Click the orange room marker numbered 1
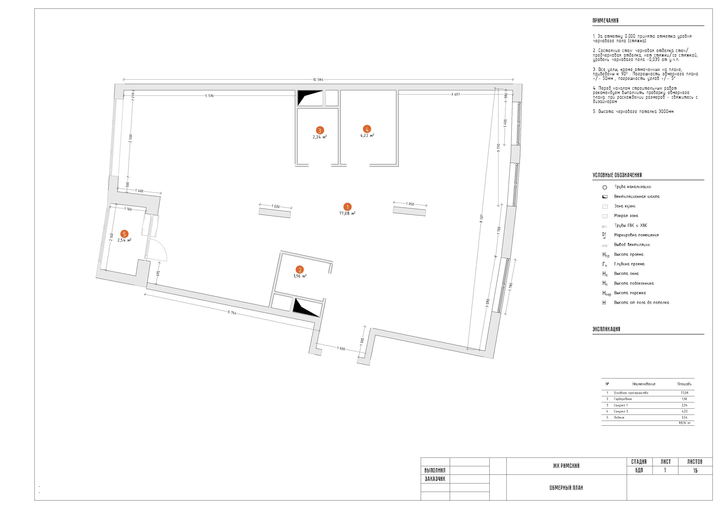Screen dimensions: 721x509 [347, 207]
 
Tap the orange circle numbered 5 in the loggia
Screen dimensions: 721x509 [124, 234]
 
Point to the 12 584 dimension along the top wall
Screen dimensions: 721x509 [318, 80]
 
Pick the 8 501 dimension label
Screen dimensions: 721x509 [481, 219]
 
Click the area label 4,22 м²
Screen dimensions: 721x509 [367, 136]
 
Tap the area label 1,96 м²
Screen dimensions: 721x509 [300, 276]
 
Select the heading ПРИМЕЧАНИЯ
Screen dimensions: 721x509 [605, 21]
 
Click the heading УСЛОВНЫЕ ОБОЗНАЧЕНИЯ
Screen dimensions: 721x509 [617, 175]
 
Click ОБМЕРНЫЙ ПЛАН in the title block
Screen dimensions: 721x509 [566, 488]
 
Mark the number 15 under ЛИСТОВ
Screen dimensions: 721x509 [695, 470]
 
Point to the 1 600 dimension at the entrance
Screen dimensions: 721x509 [341, 348]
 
